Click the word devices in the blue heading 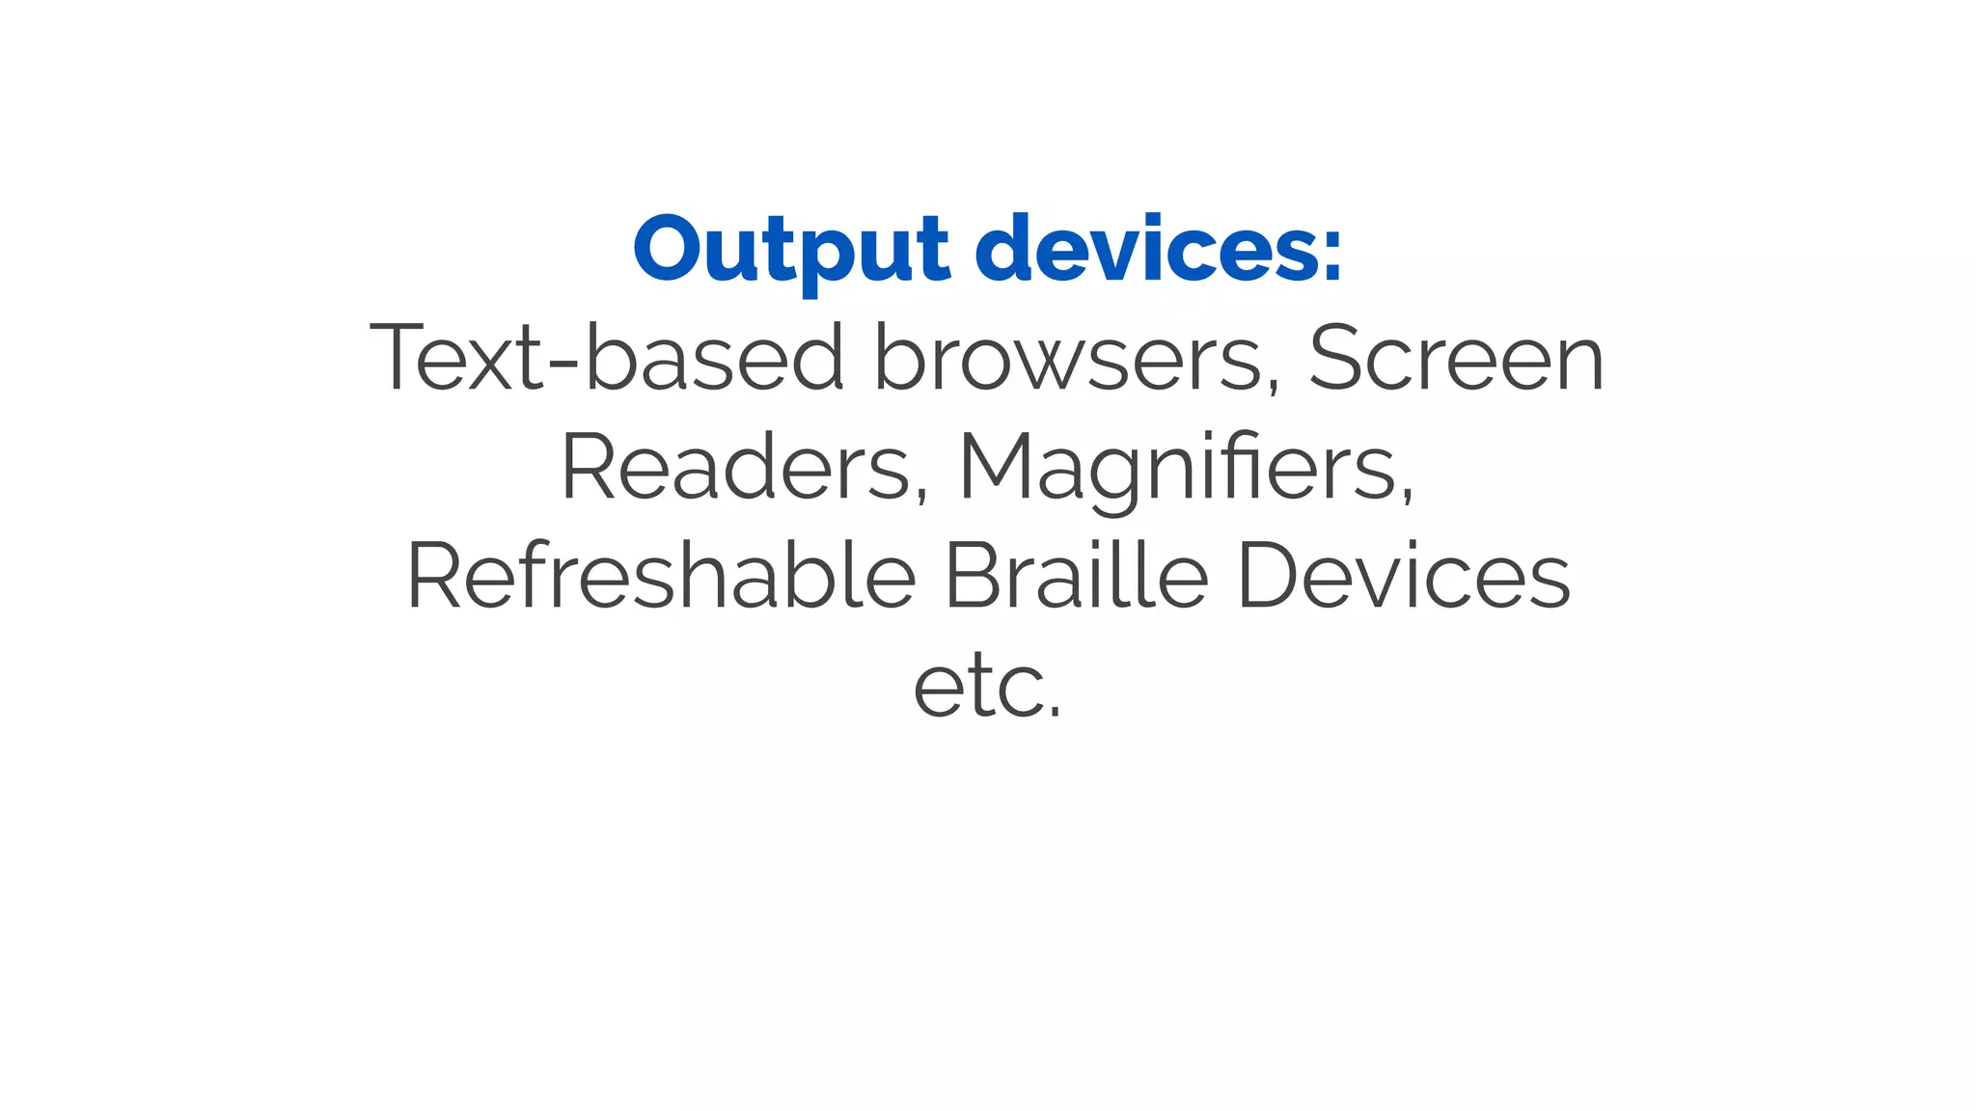tap(1144, 250)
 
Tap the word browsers tap(1068, 359)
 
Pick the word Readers tap(735, 467)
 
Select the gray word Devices tap(1404, 576)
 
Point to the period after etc tap(1055, 714)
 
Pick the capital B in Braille tap(974, 576)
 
